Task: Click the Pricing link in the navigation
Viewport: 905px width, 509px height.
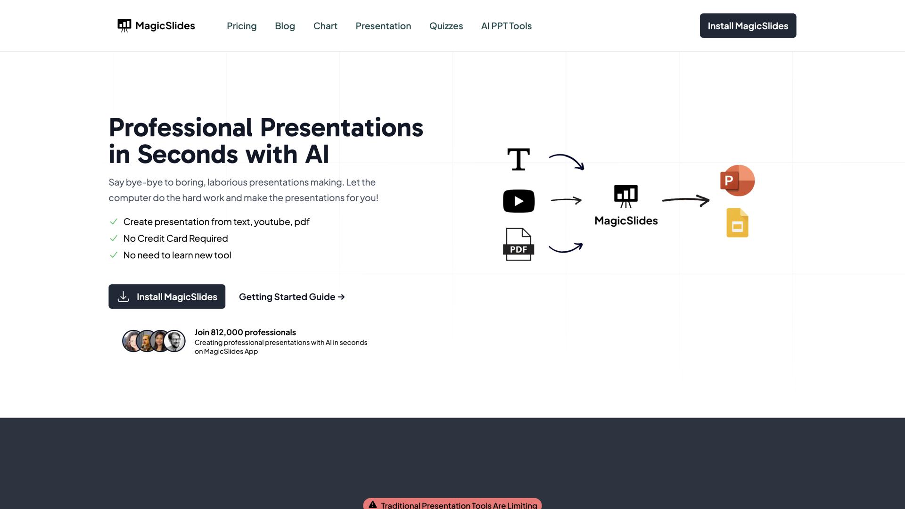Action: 241,26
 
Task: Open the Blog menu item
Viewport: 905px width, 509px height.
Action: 285,26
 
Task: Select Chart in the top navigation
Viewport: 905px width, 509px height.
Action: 325,26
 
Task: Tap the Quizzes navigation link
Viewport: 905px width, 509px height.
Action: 446,26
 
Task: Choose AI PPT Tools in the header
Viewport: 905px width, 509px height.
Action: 506,26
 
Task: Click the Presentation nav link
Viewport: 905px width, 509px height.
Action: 383,26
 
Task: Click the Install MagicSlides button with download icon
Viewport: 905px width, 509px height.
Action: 167,296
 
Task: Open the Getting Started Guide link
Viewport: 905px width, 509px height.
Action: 292,297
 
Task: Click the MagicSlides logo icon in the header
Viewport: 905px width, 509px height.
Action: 124,25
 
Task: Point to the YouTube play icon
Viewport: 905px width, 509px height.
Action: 518,201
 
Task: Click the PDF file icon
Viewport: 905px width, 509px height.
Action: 518,244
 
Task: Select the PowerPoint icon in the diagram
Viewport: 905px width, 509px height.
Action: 737,181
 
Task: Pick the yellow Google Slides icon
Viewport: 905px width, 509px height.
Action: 737,222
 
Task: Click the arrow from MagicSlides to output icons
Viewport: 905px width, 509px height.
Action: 686,200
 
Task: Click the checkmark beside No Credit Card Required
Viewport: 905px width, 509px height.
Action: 114,238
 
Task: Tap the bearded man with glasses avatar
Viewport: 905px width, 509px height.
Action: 174,341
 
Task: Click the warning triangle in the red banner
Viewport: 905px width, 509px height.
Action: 373,505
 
